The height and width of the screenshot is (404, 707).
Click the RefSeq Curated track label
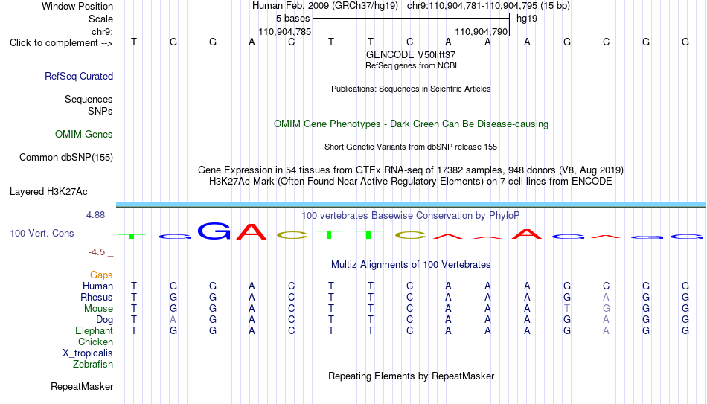pyautogui.click(x=79, y=76)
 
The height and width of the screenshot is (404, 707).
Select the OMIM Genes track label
pyautogui.click(x=84, y=135)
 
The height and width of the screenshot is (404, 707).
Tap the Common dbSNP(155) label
pyautogui.click(x=66, y=158)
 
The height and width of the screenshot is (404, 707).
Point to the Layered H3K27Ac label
pyautogui.click(x=48, y=192)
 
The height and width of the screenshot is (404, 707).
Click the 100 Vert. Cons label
pyautogui.click(x=42, y=233)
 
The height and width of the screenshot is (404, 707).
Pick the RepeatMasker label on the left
pyautogui.click(x=82, y=386)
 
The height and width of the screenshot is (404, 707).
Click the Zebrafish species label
pyautogui.click(x=93, y=364)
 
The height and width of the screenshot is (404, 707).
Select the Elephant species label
pyautogui.click(x=94, y=330)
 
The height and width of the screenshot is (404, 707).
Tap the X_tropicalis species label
pyautogui.click(x=88, y=353)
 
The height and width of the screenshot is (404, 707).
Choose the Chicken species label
pyautogui.click(x=95, y=342)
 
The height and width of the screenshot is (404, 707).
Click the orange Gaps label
pyautogui.click(x=101, y=275)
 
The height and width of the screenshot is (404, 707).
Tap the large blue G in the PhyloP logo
pyautogui.click(x=214, y=231)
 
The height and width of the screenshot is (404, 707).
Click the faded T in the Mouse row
pyautogui.click(x=567, y=309)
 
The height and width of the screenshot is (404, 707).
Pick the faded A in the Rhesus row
pyautogui.click(x=606, y=297)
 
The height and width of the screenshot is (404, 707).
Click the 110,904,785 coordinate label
pyautogui.click(x=284, y=31)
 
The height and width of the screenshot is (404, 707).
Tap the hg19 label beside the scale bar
pyautogui.click(x=527, y=19)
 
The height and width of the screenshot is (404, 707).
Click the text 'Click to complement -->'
pyautogui.click(x=61, y=43)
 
